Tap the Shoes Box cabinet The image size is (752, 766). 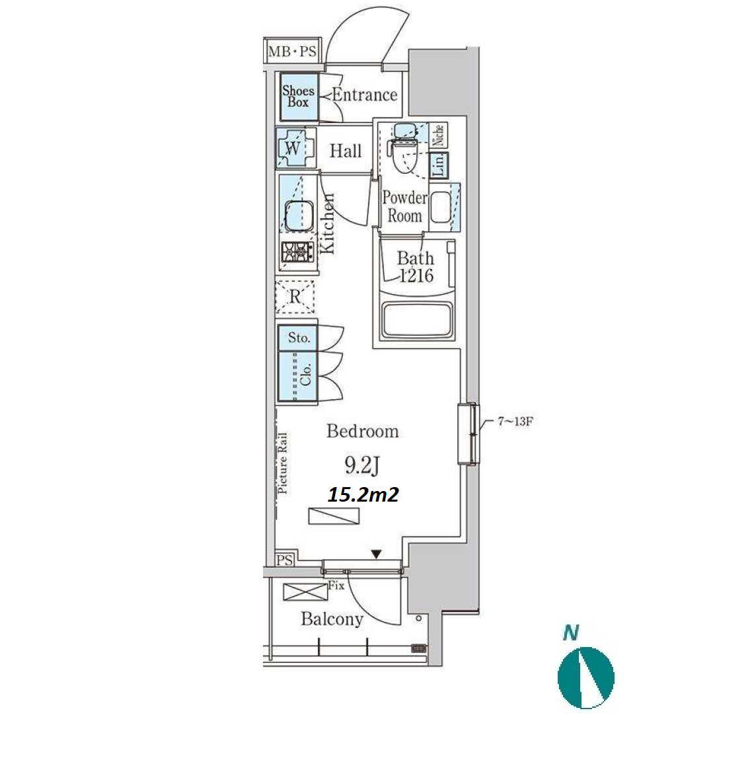(x=299, y=96)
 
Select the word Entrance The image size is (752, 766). (x=365, y=95)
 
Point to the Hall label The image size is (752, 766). (x=346, y=151)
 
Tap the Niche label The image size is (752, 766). (x=439, y=135)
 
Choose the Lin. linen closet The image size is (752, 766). (x=439, y=165)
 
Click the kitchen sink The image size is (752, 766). (x=299, y=215)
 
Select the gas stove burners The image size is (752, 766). (x=297, y=252)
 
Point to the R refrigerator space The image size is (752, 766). (x=295, y=296)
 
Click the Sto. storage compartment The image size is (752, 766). (x=298, y=338)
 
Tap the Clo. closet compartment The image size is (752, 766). (x=298, y=377)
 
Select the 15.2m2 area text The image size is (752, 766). (x=363, y=495)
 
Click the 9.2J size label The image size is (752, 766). (x=362, y=465)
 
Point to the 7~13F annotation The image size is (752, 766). (x=515, y=421)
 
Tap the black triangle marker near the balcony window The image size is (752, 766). (x=375, y=555)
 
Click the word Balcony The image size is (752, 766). (x=332, y=619)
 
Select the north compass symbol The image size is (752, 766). (x=585, y=677)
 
